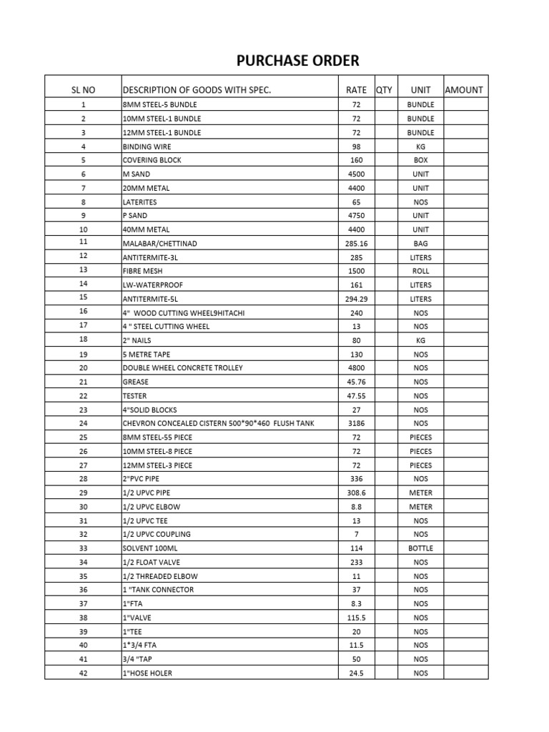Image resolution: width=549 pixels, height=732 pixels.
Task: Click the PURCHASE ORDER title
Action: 298,60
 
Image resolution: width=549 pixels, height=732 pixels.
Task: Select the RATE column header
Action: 356,90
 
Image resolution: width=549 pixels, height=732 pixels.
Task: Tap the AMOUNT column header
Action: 464,90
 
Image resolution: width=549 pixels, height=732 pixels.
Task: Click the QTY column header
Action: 384,90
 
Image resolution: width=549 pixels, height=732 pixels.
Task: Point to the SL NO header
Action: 83,90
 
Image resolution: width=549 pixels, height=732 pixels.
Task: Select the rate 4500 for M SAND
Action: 356,174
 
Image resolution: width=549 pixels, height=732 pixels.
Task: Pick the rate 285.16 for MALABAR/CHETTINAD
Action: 356,244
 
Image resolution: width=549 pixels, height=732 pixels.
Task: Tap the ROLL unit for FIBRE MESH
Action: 420,271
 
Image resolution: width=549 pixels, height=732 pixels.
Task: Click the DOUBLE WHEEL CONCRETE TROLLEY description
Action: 182,368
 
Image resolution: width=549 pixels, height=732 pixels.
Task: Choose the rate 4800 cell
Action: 356,368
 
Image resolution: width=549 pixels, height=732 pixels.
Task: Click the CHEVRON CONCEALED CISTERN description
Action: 218,423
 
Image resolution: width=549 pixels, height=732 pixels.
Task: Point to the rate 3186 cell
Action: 356,423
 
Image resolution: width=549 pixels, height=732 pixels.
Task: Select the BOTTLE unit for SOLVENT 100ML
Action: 420,548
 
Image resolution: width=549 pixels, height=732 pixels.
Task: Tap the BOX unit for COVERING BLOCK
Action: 420,160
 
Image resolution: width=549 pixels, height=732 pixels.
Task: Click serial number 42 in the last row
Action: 83,673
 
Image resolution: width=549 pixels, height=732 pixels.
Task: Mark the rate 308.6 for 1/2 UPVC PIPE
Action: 356,493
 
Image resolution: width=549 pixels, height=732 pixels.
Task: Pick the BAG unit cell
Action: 420,244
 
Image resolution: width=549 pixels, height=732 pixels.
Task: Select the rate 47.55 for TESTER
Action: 356,396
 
